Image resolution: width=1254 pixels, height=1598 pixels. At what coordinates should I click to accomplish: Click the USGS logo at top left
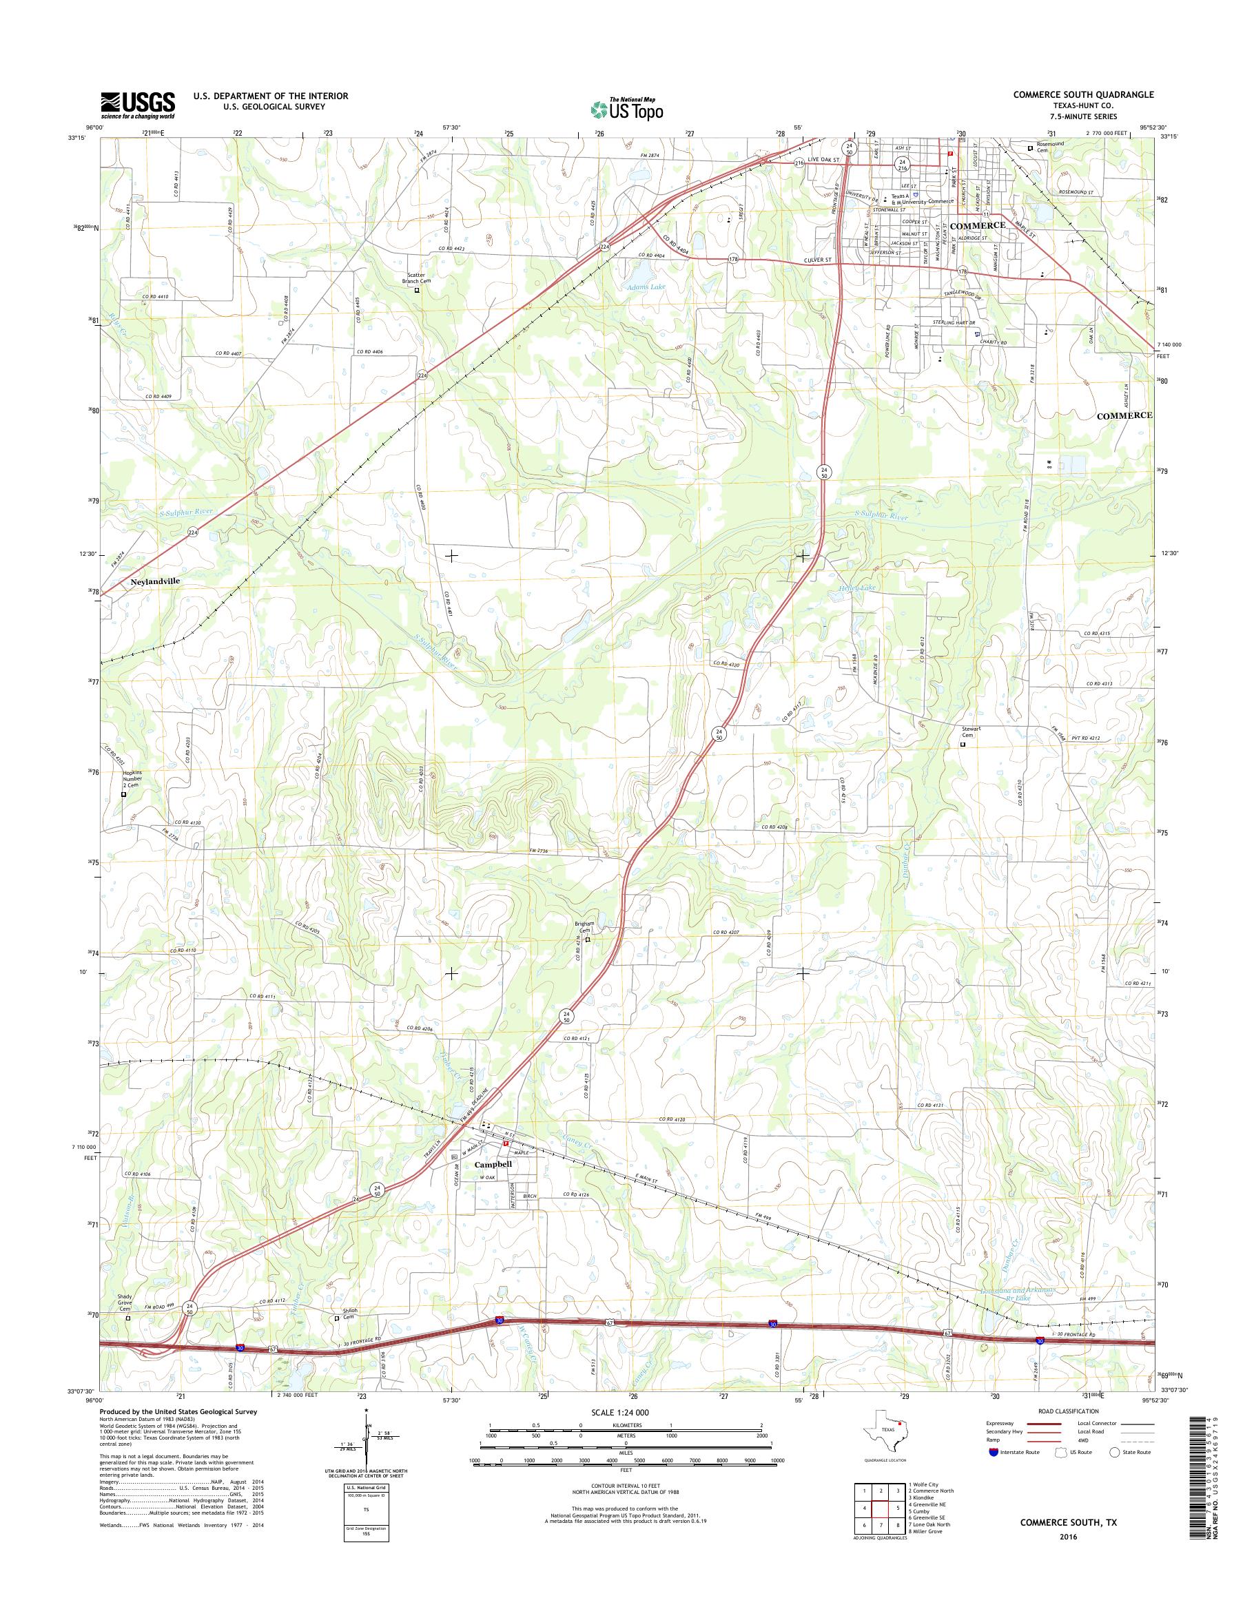click(138, 104)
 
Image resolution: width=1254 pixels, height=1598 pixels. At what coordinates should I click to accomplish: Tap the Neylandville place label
click(155, 581)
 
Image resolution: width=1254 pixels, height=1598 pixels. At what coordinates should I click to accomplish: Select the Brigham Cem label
click(585, 927)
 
